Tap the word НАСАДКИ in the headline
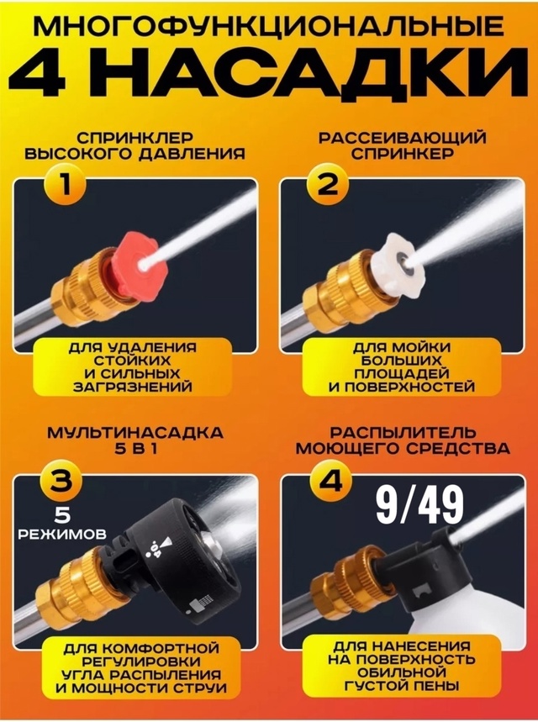pyautogui.click(x=326, y=76)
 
